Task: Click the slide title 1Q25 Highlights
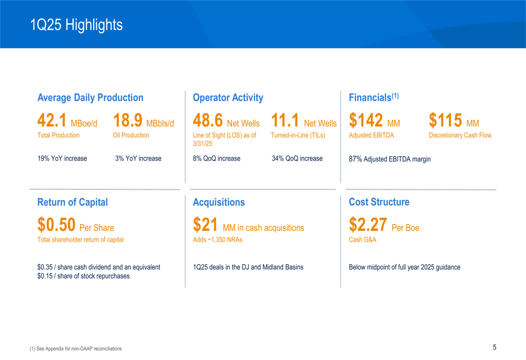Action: click(76, 25)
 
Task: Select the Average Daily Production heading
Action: click(90, 98)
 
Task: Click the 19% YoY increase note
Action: click(62, 159)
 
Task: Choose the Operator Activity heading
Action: click(228, 98)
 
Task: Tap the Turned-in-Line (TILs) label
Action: click(298, 136)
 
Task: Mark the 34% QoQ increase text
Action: click(297, 159)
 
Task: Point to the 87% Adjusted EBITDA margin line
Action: click(390, 159)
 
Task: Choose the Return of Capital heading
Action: click(73, 202)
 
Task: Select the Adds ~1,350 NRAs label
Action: click(217, 240)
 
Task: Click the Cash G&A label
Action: click(362, 240)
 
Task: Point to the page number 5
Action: click(494, 347)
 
